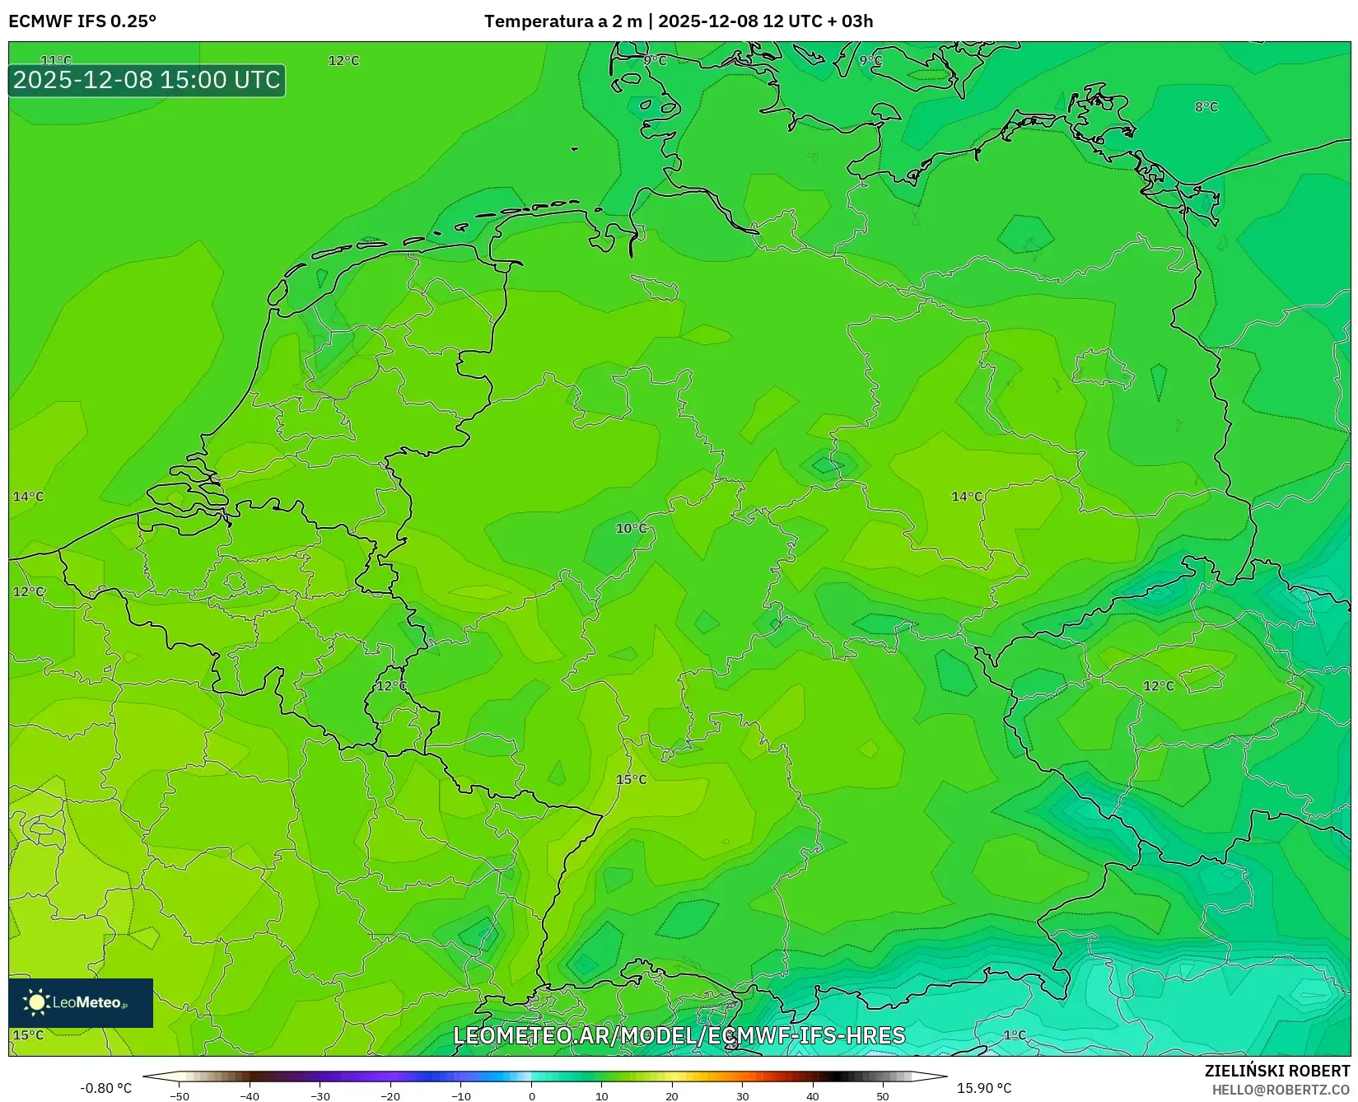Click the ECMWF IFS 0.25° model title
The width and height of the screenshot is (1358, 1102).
(x=82, y=21)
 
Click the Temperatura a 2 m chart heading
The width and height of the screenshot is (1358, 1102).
(x=678, y=21)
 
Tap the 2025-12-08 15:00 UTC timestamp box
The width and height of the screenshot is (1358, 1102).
(x=147, y=80)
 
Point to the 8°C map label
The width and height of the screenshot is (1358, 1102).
(x=1206, y=107)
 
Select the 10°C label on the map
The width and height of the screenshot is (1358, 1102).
(x=631, y=528)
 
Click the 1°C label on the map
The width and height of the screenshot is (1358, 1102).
(x=1015, y=1035)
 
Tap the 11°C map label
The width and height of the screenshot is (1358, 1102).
(x=56, y=60)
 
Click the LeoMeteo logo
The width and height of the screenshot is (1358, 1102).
(x=81, y=1002)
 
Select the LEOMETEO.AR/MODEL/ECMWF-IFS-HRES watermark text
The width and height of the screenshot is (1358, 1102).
(x=679, y=1035)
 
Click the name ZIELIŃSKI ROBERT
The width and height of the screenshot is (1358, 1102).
(x=1276, y=1071)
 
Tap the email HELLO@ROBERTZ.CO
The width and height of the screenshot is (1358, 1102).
(x=1280, y=1089)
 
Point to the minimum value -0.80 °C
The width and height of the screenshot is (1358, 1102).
(x=105, y=1088)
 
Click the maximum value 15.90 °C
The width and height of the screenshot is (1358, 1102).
(x=983, y=1088)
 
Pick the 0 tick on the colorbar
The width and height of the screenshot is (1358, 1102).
(x=531, y=1096)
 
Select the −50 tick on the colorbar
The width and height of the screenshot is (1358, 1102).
(x=179, y=1096)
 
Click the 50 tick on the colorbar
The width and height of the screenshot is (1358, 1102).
(x=883, y=1096)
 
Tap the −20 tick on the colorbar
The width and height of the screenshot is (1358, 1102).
(x=390, y=1096)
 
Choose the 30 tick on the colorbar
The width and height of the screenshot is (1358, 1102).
(x=742, y=1096)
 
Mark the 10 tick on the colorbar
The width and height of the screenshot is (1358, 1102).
(x=601, y=1096)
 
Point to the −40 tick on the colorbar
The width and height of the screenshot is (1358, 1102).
(x=250, y=1096)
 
